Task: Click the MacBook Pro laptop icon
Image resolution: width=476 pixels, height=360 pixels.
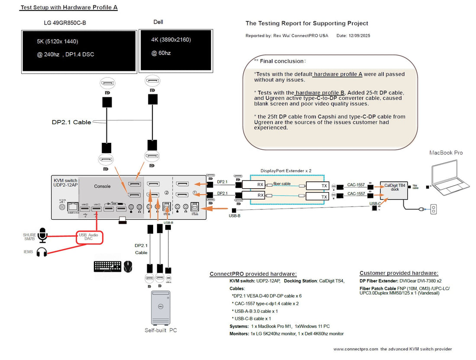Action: (x=450, y=177)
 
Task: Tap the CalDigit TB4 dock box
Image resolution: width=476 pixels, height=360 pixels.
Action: (x=394, y=190)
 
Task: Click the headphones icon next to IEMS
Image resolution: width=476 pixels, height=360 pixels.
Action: (x=42, y=252)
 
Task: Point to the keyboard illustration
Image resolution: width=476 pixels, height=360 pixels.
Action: (x=107, y=266)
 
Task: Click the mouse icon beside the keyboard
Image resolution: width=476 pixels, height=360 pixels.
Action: (x=128, y=266)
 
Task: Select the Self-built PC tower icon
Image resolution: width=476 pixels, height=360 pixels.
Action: (x=161, y=308)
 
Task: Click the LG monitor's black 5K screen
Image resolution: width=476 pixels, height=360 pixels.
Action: (x=79, y=50)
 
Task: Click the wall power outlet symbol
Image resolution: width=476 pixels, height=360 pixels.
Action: (x=433, y=209)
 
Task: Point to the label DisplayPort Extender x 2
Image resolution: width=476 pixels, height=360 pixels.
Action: (x=286, y=170)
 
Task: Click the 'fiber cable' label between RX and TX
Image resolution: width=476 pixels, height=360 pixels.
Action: (x=281, y=183)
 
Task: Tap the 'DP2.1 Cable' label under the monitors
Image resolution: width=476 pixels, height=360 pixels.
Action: (x=71, y=122)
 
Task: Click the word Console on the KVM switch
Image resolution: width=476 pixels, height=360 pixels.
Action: (x=102, y=186)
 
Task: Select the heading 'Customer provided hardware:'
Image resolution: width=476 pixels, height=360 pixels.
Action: (x=399, y=273)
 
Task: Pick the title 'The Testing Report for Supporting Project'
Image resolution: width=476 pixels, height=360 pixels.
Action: (x=307, y=23)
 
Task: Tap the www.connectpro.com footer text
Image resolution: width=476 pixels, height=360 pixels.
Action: (x=392, y=349)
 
